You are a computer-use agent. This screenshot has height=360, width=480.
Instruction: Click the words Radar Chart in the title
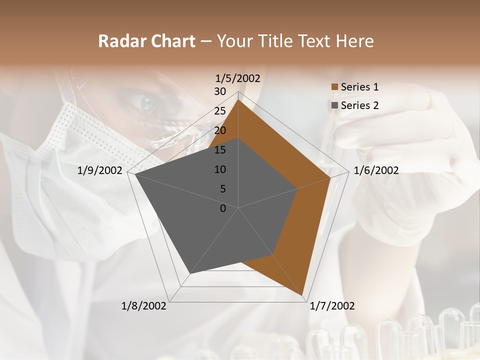[146, 41]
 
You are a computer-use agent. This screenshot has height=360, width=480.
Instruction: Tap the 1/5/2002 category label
[238, 78]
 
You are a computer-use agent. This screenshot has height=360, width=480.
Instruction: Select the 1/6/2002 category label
[376, 170]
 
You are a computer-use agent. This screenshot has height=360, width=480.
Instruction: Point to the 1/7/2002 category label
[332, 306]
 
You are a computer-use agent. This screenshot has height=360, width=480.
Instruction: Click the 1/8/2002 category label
[144, 306]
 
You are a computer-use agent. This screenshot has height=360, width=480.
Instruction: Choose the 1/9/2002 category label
[100, 170]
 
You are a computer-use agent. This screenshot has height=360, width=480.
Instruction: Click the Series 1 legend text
[359, 87]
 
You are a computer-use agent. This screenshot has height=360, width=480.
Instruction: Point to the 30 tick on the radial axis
[220, 91]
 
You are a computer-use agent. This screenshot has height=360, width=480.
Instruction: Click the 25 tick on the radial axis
[220, 111]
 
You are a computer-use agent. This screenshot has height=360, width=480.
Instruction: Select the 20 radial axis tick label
[220, 130]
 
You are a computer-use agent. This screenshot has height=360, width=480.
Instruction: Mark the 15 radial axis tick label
[220, 150]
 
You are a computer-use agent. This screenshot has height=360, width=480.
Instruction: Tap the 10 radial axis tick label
[220, 169]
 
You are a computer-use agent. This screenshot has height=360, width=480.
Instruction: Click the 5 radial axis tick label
[222, 189]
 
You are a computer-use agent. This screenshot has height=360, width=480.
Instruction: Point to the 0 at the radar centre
[223, 208]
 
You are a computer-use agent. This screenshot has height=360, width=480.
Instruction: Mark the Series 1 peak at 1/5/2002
[238, 99]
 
